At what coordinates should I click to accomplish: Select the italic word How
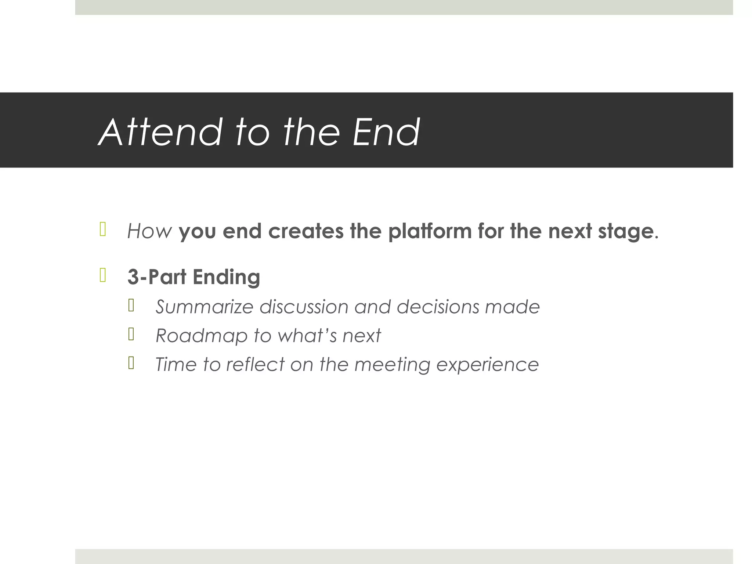tap(149, 231)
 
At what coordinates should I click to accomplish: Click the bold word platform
tap(430, 231)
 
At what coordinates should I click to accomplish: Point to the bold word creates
tap(306, 231)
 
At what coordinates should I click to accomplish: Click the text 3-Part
tap(157, 277)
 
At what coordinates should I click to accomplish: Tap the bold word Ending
tap(226, 278)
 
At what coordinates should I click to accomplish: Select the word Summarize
tap(204, 307)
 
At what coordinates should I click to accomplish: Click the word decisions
tap(438, 307)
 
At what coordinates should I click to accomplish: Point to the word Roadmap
tap(202, 336)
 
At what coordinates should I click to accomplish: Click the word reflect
tap(255, 364)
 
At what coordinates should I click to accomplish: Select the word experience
tap(487, 365)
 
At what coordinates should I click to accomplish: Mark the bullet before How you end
tap(103, 229)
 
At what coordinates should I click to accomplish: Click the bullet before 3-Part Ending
tap(103, 275)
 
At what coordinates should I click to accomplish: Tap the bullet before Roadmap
tap(131, 334)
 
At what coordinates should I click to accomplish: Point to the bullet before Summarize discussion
tap(131, 305)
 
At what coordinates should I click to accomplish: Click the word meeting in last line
tap(392, 365)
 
